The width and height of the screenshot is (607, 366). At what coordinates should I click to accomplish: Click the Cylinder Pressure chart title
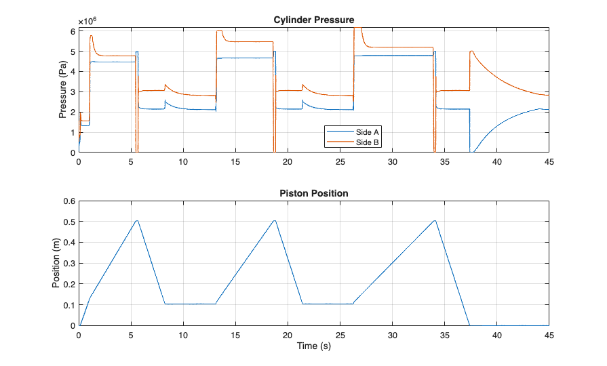coord(313,20)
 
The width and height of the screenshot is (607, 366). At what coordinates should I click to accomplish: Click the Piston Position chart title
coord(313,193)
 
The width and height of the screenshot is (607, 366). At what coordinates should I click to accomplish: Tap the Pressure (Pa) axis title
coord(62,90)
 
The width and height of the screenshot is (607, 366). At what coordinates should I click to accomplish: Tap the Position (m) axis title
coord(57,263)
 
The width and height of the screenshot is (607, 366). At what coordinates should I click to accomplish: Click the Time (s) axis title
coord(313,346)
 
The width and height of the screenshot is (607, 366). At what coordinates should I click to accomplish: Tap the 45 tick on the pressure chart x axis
coord(549,162)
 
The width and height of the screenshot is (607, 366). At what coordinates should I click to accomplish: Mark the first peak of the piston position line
coord(136,220)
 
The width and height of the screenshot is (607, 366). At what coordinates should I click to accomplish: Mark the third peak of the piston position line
coord(435,220)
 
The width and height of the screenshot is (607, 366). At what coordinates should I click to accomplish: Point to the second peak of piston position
coord(275,220)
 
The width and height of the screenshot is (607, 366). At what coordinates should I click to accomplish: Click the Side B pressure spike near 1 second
coord(91,36)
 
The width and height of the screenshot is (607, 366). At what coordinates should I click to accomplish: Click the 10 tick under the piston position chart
coord(183,335)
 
